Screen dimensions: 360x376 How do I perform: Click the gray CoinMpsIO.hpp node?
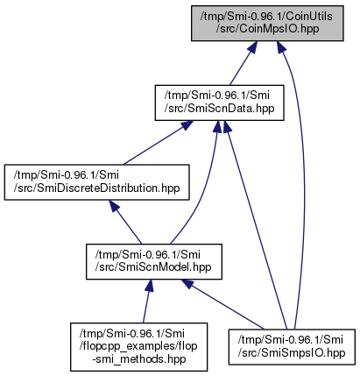(267, 23)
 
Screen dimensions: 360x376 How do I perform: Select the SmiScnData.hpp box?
(219, 103)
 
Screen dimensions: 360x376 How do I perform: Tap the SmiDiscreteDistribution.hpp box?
(96, 182)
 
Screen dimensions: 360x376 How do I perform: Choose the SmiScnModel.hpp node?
(154, 261)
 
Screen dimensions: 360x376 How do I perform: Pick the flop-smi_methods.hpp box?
(138, 347)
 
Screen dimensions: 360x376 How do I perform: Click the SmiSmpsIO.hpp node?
(292, 347)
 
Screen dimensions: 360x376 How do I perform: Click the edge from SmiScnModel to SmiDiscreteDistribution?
(125, 222)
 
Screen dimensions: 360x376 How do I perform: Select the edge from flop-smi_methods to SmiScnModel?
(147, 301)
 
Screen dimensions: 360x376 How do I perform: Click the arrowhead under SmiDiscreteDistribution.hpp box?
(114, 206)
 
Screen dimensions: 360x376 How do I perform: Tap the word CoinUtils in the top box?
(309, 16)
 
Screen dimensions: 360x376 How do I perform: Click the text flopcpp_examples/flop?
(138, 346)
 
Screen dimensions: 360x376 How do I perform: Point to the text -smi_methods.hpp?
(139, 358)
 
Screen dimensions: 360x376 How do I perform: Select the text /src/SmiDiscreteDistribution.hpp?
(96, 188)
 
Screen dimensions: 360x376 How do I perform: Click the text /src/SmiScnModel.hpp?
(153, 267)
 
